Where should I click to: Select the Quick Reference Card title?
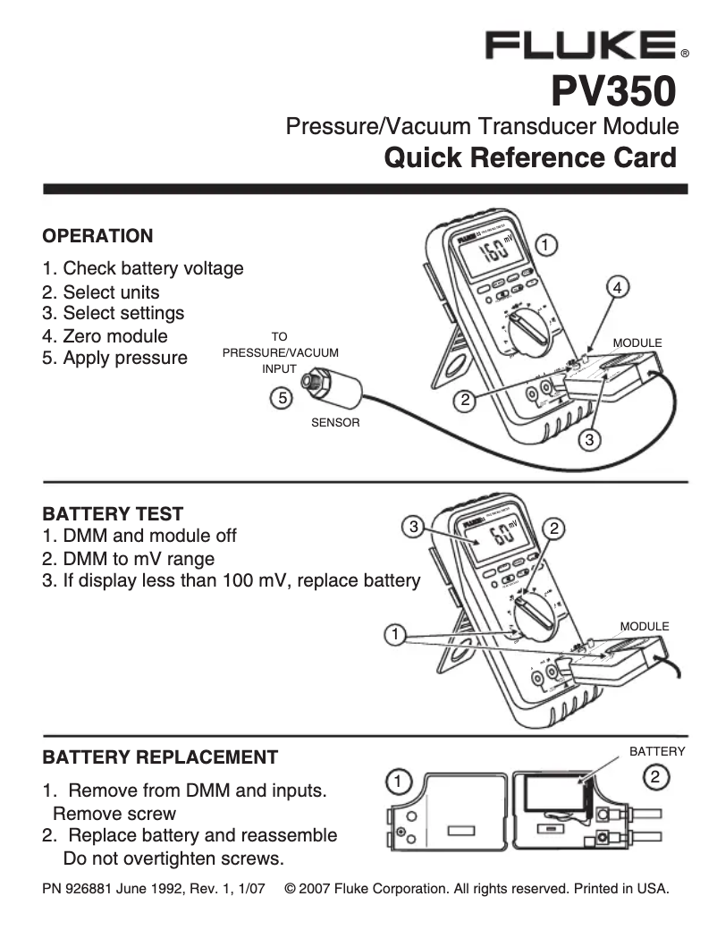pyautogui.click(x=529, y=158)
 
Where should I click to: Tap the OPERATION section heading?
pyautogui.click(x=98, y=236)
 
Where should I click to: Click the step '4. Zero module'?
pyautogui.click(x=105, y=336)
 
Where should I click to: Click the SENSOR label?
pyautogui.click(x=334, y=423)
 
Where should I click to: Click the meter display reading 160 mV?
pyautogui.click(x=493, y=250)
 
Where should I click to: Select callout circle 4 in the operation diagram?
pyautogui.click(x=617, y=287)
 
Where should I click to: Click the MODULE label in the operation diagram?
pyautogui.click(x=637, y=343)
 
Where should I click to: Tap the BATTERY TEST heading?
pyautogui.click(x=114, y=514)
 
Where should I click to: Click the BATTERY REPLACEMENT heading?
pyautogui.click(x=160, y=757)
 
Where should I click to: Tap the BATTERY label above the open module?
pyautogui.click(x=657, y=752)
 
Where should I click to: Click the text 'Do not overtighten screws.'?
pyautogui.click(x=174, y=859)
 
